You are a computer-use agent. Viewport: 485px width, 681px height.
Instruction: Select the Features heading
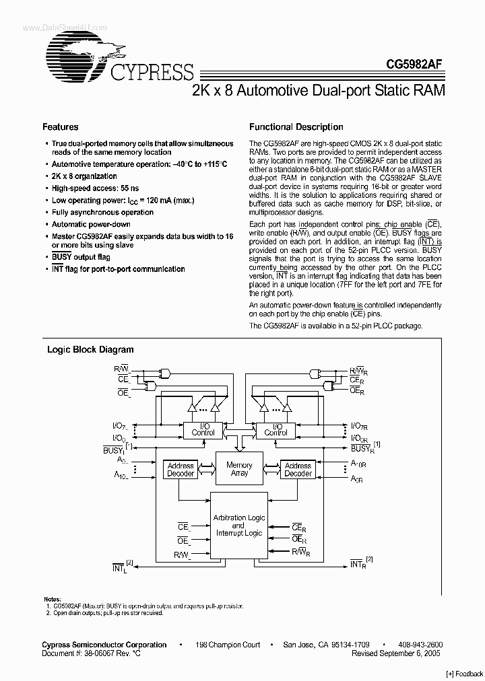[61, 127]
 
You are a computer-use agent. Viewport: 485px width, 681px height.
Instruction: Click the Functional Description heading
[296, 127]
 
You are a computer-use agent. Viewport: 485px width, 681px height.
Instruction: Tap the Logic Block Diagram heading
[90, 349]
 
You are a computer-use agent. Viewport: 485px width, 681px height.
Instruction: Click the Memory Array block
[238, 469]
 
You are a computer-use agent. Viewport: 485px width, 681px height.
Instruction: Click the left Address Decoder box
[180, 469]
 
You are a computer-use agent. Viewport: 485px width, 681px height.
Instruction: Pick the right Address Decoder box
[298, 469]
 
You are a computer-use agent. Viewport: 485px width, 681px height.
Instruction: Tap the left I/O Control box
[203, 429]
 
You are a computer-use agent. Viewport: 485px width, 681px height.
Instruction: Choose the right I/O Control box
[276, 429]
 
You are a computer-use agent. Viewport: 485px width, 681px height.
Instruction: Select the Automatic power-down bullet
[91, 224]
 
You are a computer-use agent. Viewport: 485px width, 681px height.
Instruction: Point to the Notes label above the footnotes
[52, 599]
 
